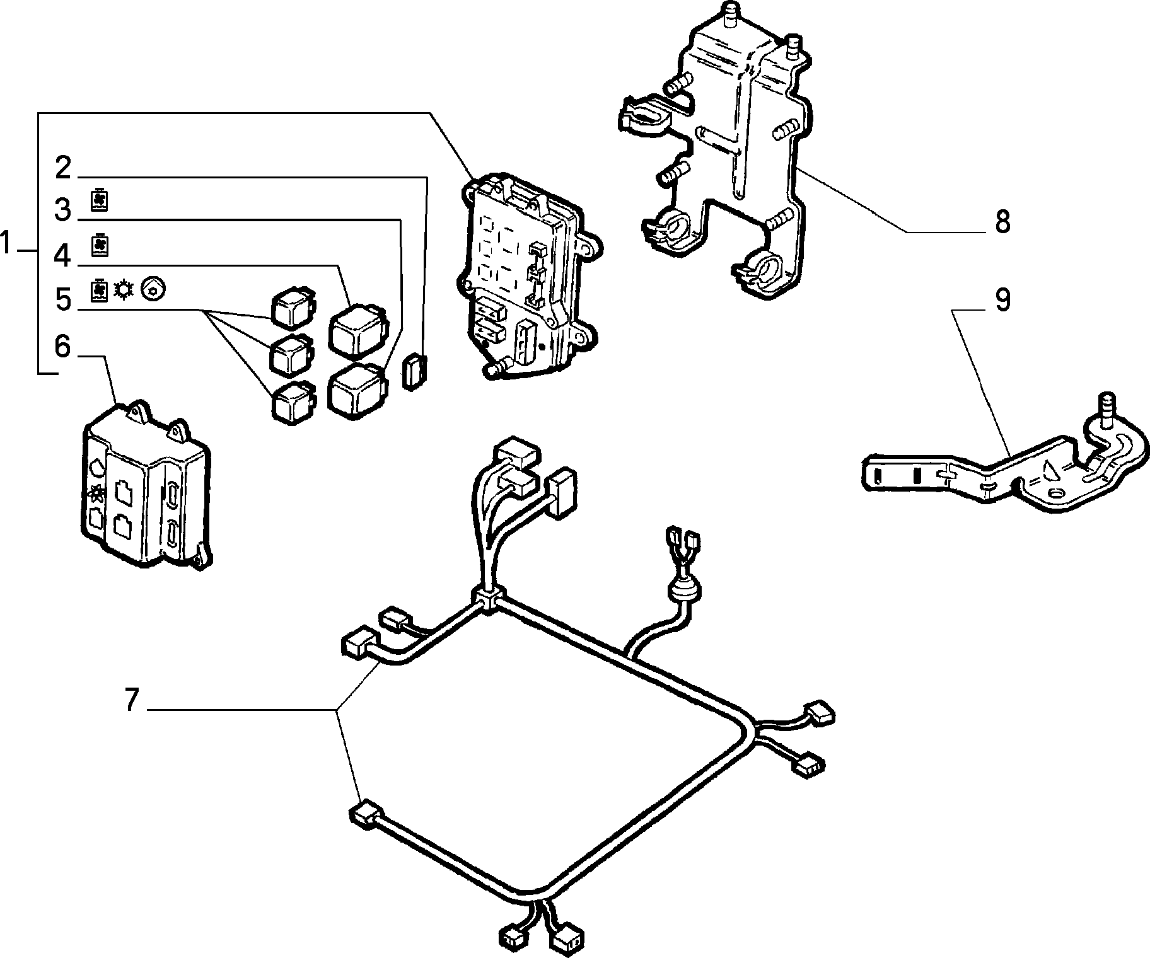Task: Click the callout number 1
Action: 6,243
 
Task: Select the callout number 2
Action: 63,168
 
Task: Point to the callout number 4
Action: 62,255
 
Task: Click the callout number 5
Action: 63,299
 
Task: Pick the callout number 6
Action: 62,346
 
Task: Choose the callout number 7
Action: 131,700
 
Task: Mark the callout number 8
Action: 1002,222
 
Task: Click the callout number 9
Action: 1002,299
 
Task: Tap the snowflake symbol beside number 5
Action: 123,291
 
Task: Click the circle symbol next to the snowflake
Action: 153,289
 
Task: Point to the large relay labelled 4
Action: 356,329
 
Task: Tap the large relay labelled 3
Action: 357,390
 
